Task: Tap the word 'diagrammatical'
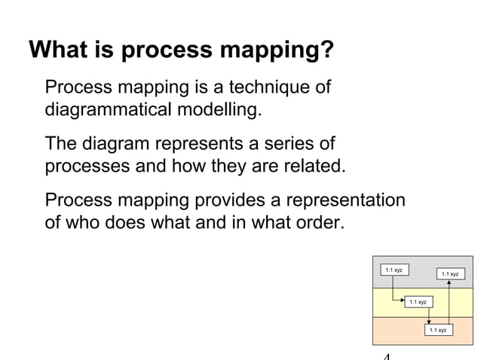pyautogui.click(x=107, y=111)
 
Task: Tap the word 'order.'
pyautogui.click(x=317, y=223)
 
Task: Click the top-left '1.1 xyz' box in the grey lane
pyautogui.click(x=394, y=270)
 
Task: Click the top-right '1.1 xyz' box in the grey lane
pyautogui.click(x=449, y=274)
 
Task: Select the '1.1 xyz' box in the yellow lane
pyautogui.click(x=417, y=302)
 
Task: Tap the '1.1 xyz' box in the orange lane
pyautogui.click(x=437, y=330)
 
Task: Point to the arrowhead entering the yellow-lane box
pyautogui.click(x=401, y=302)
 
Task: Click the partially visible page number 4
pyautogui.click(x=387, y=356)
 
